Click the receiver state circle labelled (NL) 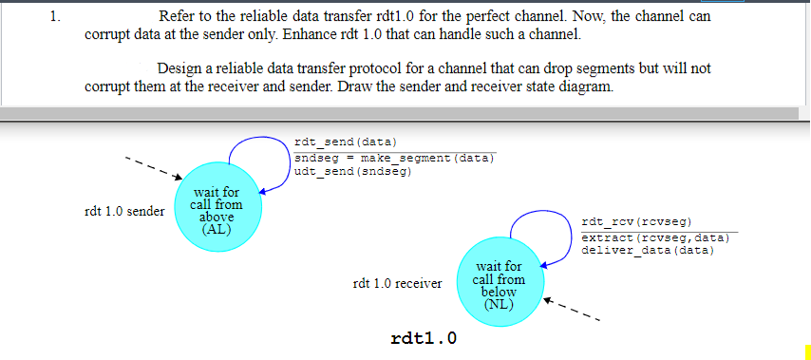pos(499,283)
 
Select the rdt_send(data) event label pos(338,142)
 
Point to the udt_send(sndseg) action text pos(352,172)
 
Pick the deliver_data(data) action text pos(648,251)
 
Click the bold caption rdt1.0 pos(424,338)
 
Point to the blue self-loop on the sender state pos(258,152)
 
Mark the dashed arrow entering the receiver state pos(573,313)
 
